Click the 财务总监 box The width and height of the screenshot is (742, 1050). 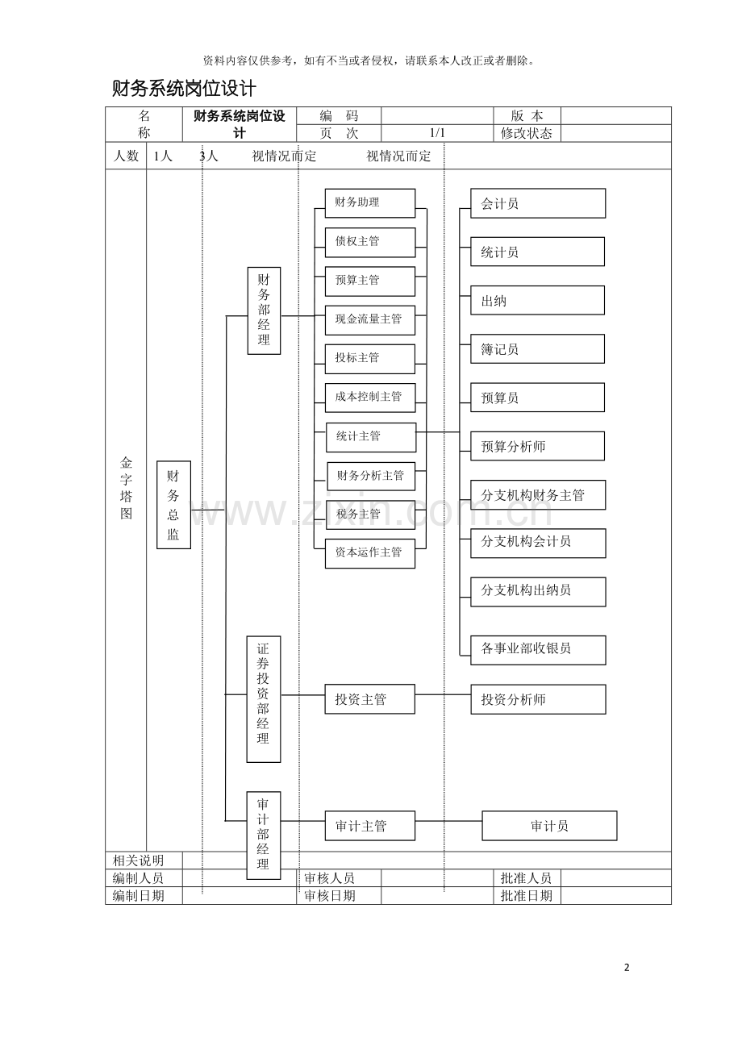click(173, 505)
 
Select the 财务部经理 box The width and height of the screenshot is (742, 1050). click(264, 310)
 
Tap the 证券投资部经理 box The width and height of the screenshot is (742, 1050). click(264, 699)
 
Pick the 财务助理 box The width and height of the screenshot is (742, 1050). click(370, 203)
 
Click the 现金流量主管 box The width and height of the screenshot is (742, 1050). click(370, 320)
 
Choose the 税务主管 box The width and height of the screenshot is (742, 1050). click(370, 515)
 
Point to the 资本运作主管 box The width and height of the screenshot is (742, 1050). click(370, 553)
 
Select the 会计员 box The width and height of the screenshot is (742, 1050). click(538, 203)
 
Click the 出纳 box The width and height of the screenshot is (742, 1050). click(537, 301)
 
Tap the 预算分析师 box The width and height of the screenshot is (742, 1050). click(537, 446)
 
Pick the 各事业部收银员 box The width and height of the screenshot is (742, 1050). click(538, 650)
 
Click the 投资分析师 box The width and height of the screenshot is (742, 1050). click(538, 699)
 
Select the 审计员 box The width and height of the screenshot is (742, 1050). click(549, 826)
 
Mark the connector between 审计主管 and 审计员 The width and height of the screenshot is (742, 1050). click(448, 821)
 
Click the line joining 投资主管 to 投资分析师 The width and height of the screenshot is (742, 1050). click(443, 694)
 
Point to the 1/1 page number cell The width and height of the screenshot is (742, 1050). click(437, 133)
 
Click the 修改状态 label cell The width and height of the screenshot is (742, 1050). click(527, 133)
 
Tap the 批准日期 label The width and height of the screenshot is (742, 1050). click(526, 896)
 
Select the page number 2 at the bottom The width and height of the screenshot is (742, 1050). click(627, 968)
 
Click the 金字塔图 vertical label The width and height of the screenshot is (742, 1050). click(126, 488)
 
